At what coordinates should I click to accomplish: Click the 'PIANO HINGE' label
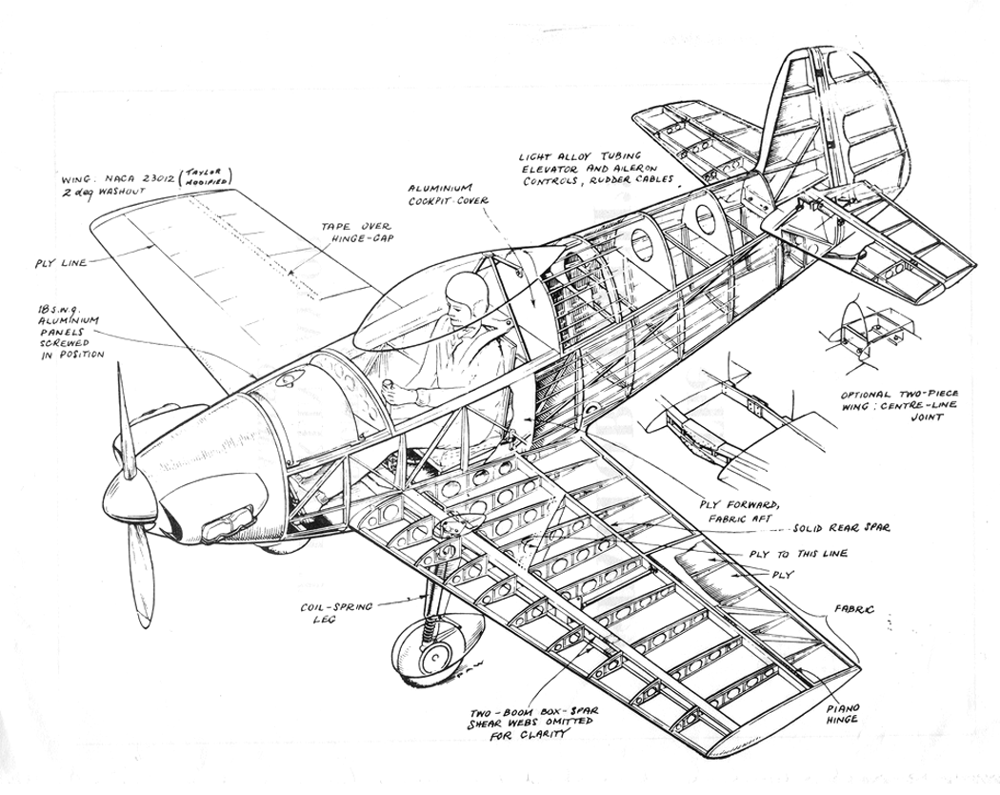coord(843,713)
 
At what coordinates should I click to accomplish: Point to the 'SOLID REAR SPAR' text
coord(841,528)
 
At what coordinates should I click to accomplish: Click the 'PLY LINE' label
coord(61,262)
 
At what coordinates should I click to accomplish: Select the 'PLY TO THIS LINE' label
coord(799,554)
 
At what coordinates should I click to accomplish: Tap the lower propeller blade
coord(140,576)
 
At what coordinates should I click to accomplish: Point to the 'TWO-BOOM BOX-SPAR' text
coord(533,713)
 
